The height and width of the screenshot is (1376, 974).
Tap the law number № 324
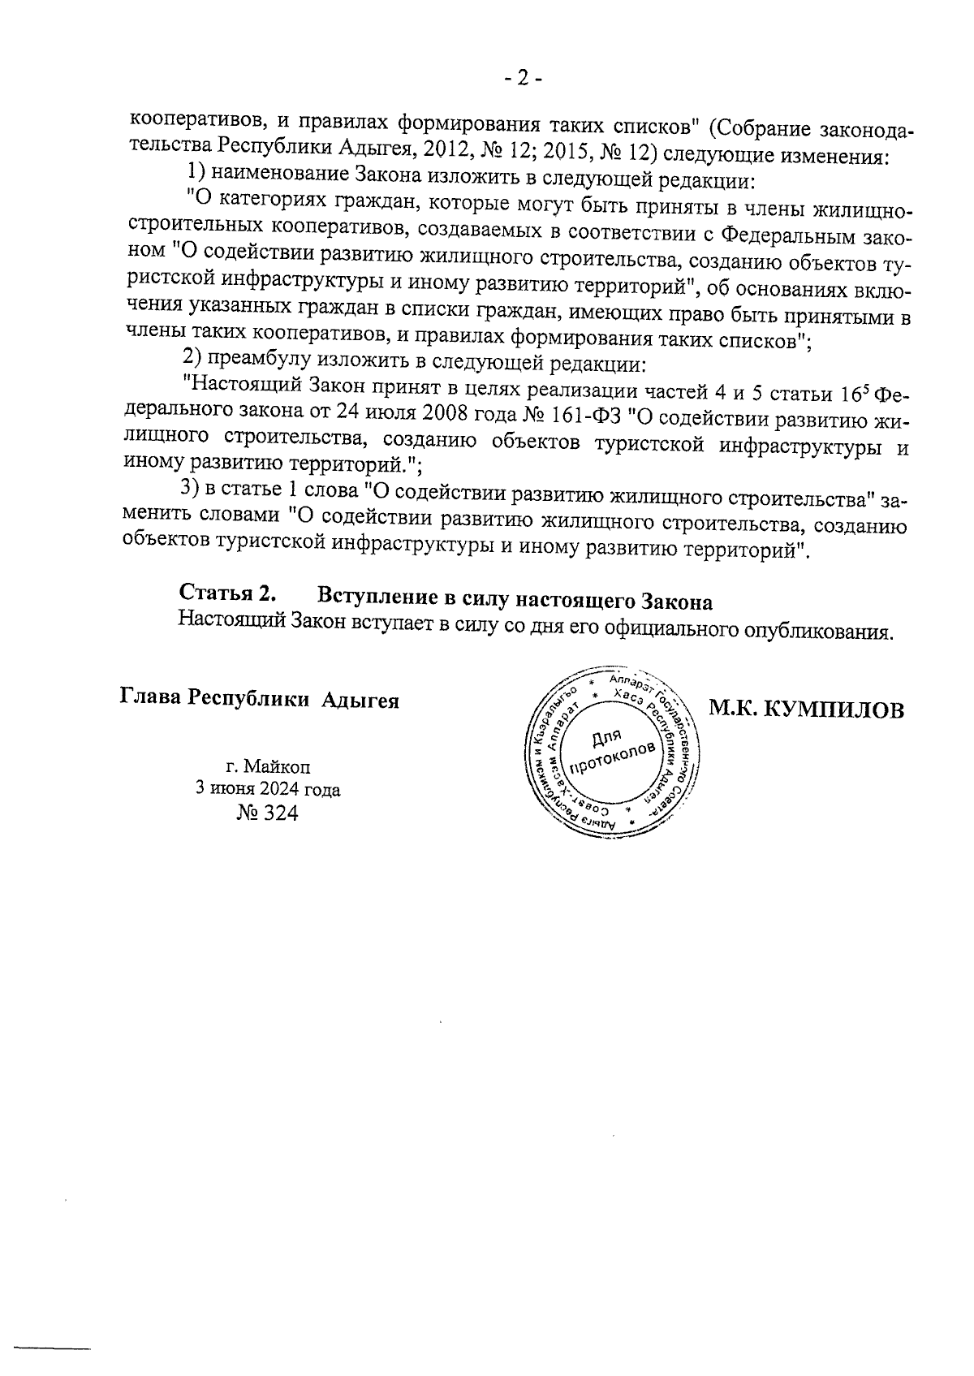tap(267, 813)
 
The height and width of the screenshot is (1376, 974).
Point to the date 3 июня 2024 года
tap(267, 789)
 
